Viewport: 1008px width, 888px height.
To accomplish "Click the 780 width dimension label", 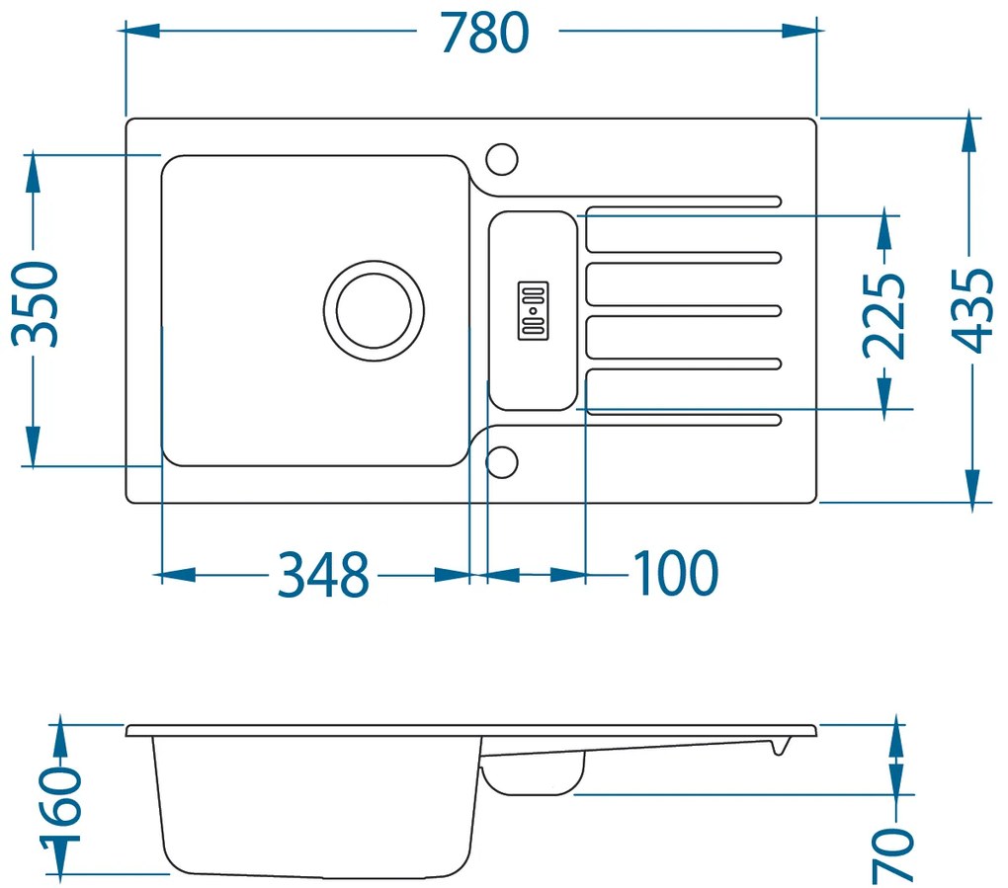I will click(x=485, y=32).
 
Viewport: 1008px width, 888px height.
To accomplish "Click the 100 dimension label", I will click(x=674, y=574).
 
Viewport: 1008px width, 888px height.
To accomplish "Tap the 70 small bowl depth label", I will click(x=894, y=855).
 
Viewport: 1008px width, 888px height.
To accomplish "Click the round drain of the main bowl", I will click(x=374, y=310).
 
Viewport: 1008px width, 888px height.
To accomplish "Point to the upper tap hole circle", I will click(x=502, y=158).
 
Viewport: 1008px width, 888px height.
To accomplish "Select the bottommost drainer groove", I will click(x=682, y=422).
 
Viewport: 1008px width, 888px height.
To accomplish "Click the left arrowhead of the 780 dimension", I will click(x=138, y=32).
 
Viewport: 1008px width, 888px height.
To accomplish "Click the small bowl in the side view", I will click(x=532, y=775).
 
